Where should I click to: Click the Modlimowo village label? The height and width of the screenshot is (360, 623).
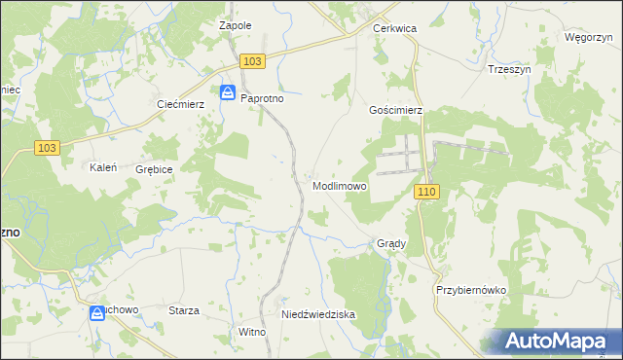[x=340, y=186]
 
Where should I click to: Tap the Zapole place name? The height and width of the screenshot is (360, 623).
[x=236, y=26]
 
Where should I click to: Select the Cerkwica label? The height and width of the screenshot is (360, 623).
[x=395, y=29]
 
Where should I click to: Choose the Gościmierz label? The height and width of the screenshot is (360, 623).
[x=395, y=111]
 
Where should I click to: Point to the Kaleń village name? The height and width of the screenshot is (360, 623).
[x=103, y=167]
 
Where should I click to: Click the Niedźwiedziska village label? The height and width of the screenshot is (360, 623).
[x=318, y=315]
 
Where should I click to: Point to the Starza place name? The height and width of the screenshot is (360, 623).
[x=184, y=310]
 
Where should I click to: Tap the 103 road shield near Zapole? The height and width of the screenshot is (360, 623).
[x=251, y=61]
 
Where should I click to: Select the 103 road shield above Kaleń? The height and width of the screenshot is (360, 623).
[x=46, y=147]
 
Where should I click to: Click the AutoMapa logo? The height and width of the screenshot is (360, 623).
[x=557, y=341]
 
